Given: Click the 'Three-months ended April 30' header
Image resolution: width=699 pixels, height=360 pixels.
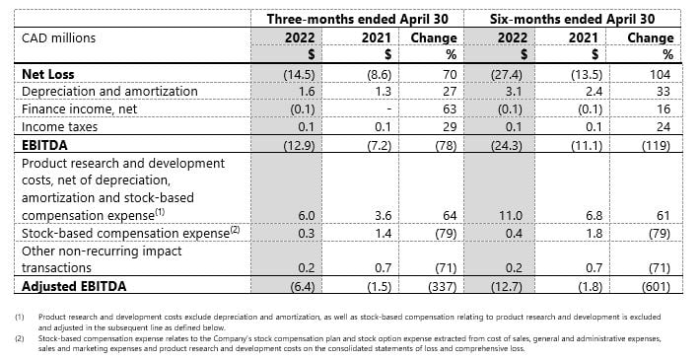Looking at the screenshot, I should (x=351, y=18).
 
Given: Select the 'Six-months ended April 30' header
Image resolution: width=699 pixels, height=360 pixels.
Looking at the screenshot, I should (x=572, y=18).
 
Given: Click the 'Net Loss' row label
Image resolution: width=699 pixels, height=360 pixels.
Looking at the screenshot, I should (x=49, y=74).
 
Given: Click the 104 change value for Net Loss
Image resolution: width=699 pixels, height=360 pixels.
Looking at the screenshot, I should (x=660, y=74).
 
